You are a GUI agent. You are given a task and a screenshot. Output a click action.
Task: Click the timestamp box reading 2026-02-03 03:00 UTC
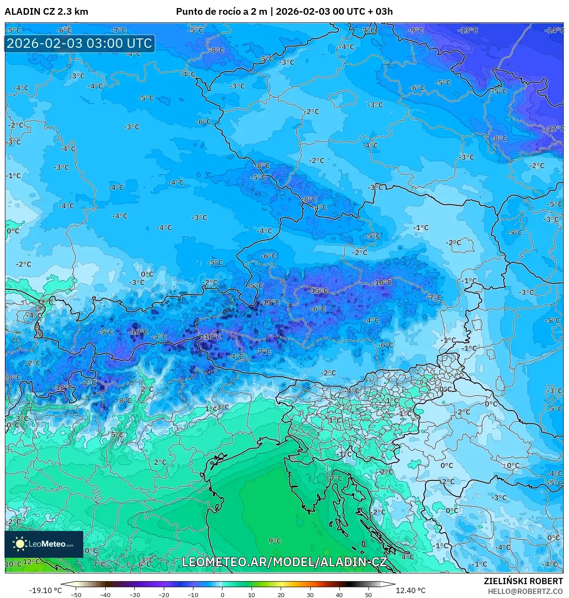pos(79,44)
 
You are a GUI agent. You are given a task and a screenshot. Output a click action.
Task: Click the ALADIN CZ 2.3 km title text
pos(46,12)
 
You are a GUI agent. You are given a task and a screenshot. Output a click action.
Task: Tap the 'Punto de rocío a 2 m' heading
pos(221,12)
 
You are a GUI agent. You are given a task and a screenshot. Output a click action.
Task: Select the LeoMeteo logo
pos(44,544)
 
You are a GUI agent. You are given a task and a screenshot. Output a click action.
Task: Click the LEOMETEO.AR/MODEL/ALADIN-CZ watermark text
pos(284,562)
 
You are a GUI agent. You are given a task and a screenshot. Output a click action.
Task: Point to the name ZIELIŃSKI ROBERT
pos(523,581)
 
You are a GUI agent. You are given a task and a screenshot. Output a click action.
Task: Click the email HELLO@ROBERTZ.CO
pos(525,591)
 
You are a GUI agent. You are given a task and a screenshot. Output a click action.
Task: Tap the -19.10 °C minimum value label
pos(45,590)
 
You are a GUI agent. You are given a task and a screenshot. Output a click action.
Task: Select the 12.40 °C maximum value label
pos(411,590)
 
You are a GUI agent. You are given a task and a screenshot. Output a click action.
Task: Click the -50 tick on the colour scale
pos(76,595)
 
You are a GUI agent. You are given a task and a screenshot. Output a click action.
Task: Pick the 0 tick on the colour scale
pos(222,595)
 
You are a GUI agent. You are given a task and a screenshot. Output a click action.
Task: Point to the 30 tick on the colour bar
pos(310,595)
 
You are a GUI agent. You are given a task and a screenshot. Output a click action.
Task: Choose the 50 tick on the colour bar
pos(368,595)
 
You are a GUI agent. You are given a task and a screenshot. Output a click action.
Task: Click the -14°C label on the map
pos(554,30)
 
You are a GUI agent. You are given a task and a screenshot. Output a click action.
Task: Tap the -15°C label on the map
pos(318,291)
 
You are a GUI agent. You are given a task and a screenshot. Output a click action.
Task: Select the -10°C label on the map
pos(382,282)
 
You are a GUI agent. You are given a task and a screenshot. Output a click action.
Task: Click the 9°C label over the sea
pos(274,541)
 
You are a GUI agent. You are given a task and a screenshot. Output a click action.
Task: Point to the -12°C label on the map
pos(554,129)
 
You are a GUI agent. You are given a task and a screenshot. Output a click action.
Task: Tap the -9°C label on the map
pos(415,30)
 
